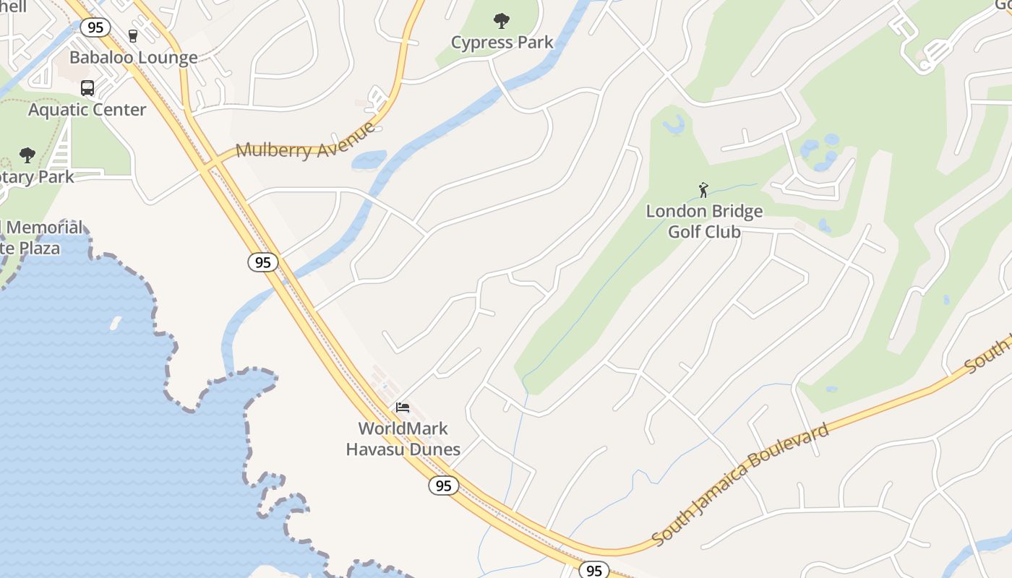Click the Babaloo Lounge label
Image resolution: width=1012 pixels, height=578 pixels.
coord(133,58)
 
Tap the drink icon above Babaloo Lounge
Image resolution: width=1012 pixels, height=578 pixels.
coord(132,35)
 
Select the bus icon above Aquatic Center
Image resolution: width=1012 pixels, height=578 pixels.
coord(87,88)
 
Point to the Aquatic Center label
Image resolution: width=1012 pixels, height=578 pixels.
coord(87,110)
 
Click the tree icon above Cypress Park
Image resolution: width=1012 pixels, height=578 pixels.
coord(502,21)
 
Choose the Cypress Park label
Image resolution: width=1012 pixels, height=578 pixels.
coord(502,43)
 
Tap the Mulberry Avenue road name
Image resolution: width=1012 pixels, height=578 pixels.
coord(306,142)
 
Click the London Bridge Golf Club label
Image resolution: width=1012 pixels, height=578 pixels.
coord(703,221)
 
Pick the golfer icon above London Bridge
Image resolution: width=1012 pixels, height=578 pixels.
coord(703,190)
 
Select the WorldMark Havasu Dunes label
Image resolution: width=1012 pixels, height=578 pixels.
coord(403,439)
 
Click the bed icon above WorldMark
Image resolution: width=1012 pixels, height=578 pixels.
coord(403,407)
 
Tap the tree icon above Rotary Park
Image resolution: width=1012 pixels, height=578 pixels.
coord(27,155)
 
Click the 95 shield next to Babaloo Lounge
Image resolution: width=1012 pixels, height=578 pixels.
coord(95,27)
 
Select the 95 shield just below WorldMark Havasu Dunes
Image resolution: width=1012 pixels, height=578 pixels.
coord(443,486)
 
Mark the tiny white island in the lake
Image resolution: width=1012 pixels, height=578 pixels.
coord(115,324)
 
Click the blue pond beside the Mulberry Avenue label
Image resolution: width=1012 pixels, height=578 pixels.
coord(369,160)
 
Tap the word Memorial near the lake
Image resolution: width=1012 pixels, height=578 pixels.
coord(45,228)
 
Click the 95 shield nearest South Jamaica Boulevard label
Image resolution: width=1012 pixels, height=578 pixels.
coord(594,570)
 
